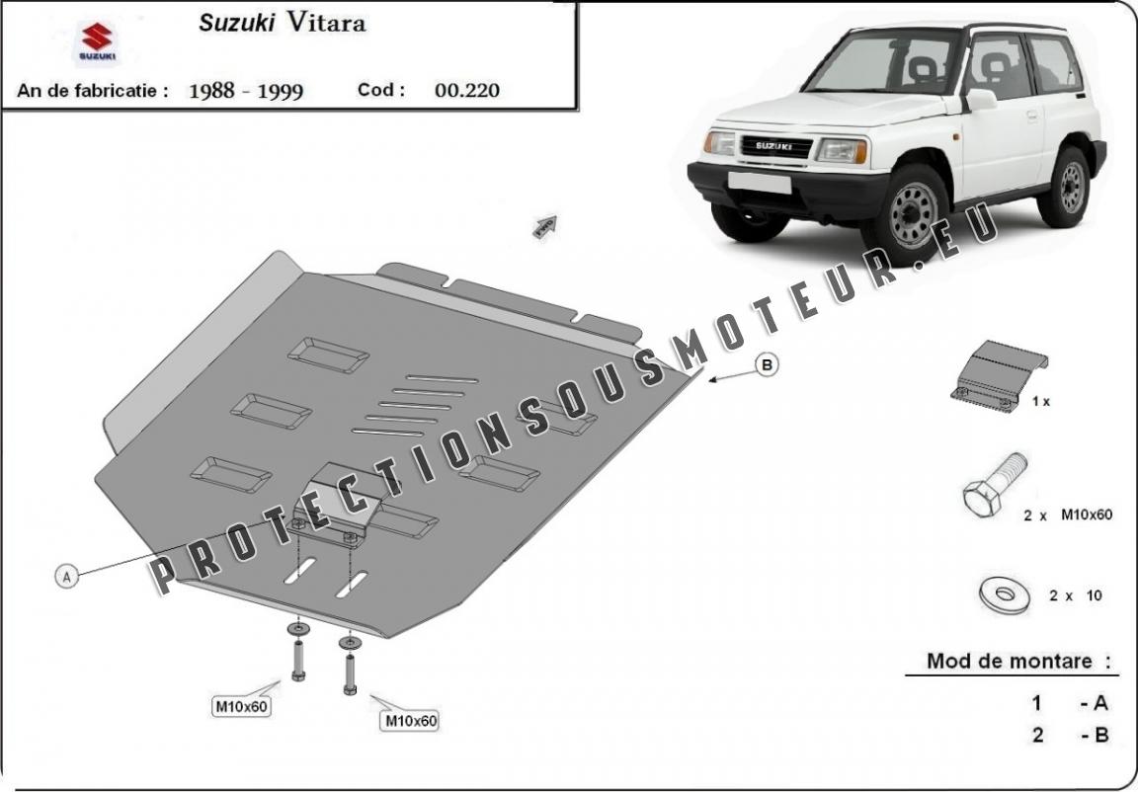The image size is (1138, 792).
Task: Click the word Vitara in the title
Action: pos(326,23)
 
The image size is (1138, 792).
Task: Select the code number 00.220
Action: pos(466,90)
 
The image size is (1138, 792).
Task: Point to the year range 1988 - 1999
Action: pos(245,91)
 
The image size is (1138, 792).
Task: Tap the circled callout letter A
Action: pos(67,577)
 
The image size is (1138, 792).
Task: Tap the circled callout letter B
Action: pos(768,364)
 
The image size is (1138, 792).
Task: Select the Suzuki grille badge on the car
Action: pos(774,146)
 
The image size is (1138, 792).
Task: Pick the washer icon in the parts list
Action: pos(1005,595)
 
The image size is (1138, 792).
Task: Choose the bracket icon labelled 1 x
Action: pos(999,375)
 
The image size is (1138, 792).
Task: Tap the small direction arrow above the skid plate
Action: pos(545,226)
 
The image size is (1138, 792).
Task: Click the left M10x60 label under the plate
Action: pos(241,706)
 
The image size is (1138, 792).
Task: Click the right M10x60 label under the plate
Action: pos(411,720)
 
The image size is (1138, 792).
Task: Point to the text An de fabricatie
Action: pos(92,91)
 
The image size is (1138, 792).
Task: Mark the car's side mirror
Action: pos(981,100)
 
